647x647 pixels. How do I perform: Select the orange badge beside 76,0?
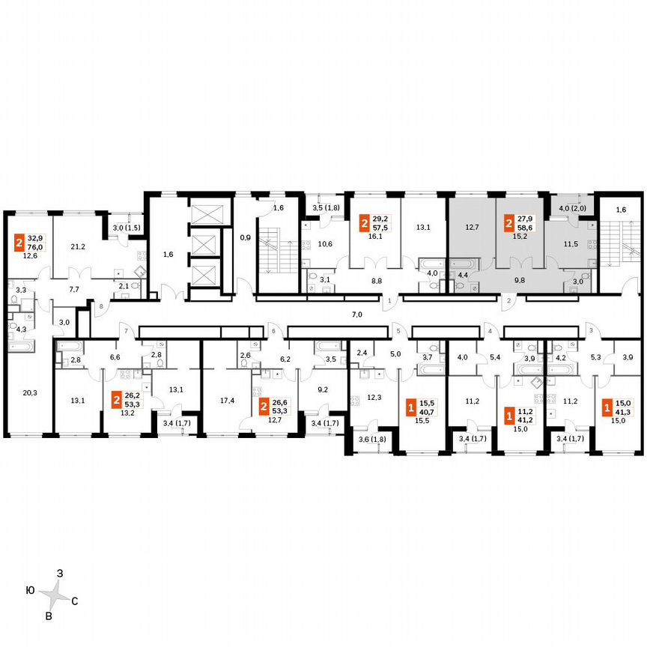[x=19, y=243]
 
